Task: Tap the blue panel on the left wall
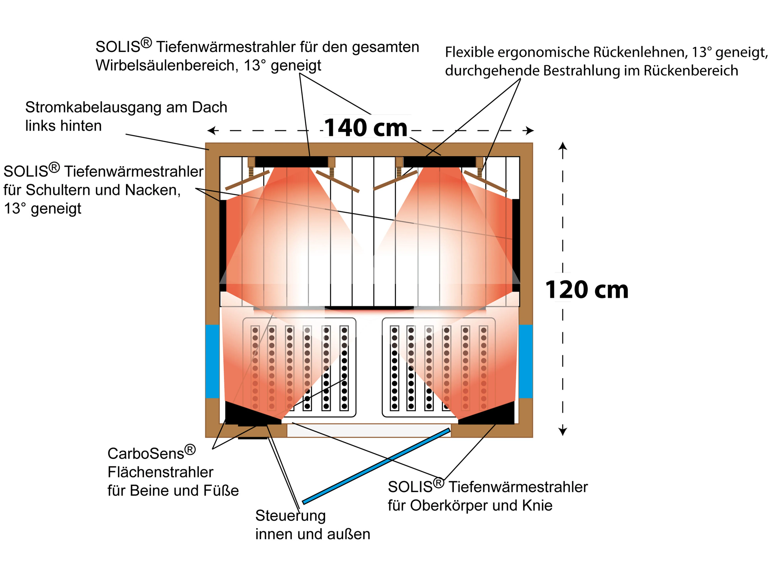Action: [212, 361]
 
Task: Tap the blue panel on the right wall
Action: [526, 361]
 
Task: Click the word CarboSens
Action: [146, 454]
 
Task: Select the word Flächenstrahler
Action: [160, 472]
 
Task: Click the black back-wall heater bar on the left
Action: [291, 162]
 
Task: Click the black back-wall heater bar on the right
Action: [439, 162]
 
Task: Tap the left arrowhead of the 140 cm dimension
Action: [210, 131]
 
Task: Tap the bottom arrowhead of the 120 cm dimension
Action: [563, 432]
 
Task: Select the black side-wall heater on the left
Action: [223, 244]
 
